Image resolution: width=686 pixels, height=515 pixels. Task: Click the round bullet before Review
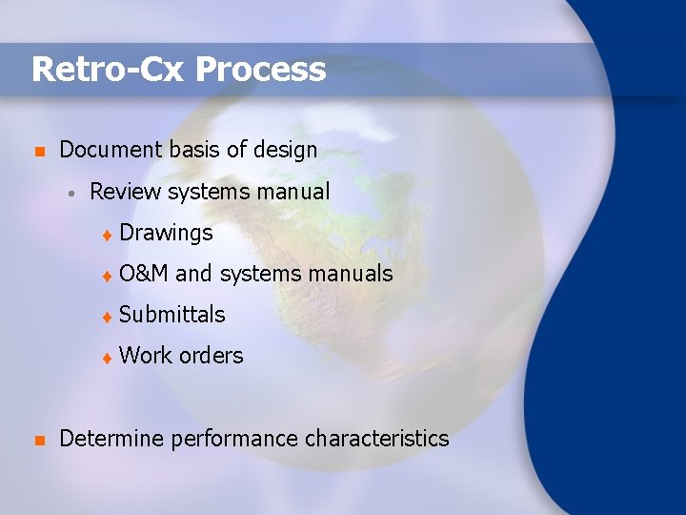[x=71, y=193]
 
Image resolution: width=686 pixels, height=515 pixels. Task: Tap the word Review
[x=125, y=192]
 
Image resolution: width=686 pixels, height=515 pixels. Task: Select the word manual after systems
[x=292, y=192]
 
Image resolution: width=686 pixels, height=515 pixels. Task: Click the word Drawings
[x=166, y=233]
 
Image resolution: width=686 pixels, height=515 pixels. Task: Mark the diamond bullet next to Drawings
[x=108, y=234]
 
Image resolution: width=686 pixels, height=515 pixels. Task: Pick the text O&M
[x=144, y=274]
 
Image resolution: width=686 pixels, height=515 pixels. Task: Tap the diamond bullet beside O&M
[x=108, y=276]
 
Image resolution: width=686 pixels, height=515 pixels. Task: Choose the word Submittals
[x=172, y=315]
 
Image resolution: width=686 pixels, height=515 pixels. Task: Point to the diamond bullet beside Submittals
[x=108, y=317]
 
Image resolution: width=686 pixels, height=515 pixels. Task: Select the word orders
[x=211, y=356]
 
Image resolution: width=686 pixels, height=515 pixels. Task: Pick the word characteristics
[x=376, y=439]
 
